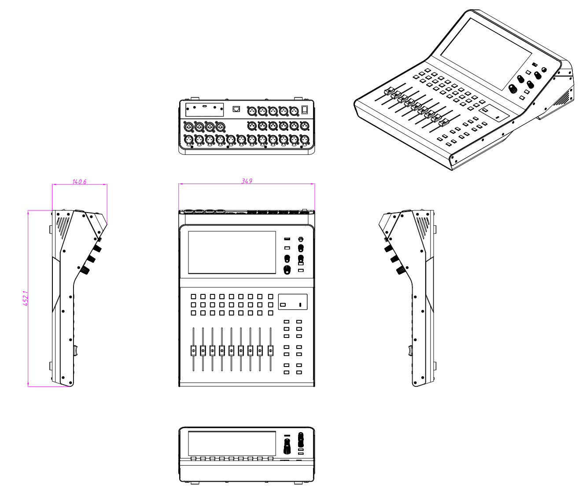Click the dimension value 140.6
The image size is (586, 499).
pyautogui.click(x=79, y=182)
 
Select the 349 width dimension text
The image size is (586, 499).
pyautogui.click(x=247, y=181)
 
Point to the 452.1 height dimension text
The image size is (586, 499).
pyautogui.click(x=26, y=298)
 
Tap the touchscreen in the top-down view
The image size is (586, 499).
pyautogui.click(x=232, y=253)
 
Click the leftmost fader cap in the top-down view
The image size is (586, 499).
pyautogui.click(x=193, y=351)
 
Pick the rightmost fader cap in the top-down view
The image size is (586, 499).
pyautogui.click(x=270, y=351)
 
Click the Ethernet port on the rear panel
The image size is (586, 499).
pyautogui.click(x=236, y=109)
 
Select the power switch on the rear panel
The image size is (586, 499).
pyautogui.click(x=305, y=110)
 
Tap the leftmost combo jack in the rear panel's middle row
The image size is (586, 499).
pyautogui.click(x=188, y=126)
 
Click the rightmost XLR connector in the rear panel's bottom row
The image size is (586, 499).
pyautogui.click(x=305, y=139)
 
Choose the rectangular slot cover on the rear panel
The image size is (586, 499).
pyautogui.click(x=204, y=110)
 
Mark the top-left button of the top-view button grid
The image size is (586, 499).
pyautogui.click(x=193, y=297)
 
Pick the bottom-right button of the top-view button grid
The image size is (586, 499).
pyautogui.click(x=270, y=313)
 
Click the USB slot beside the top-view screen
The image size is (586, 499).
pyautogui.click(x=287, y=239)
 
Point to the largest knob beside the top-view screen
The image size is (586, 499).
pyautogui.click(x=287, y=269)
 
